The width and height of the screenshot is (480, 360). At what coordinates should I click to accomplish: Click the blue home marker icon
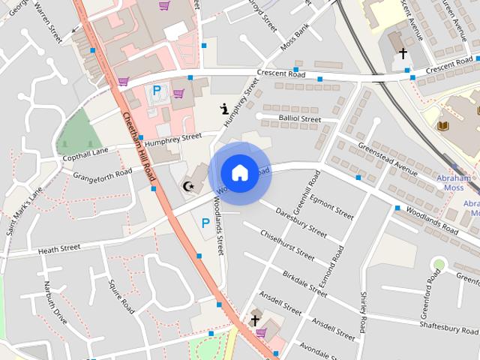point(239,172)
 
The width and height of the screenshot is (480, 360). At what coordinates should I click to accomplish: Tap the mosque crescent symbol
point(189,185)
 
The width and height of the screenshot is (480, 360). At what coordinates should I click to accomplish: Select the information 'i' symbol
point(224,109)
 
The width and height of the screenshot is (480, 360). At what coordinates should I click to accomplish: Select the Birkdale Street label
point(304,283)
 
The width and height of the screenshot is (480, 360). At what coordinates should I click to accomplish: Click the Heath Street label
point(58,248)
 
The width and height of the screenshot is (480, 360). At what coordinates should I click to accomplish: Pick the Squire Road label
point(121,297)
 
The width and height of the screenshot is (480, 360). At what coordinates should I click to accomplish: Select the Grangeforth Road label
point(102,173)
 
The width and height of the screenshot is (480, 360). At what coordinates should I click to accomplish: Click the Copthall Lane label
point(85,154)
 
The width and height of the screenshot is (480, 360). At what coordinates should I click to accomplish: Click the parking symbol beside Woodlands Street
point(205,223)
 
